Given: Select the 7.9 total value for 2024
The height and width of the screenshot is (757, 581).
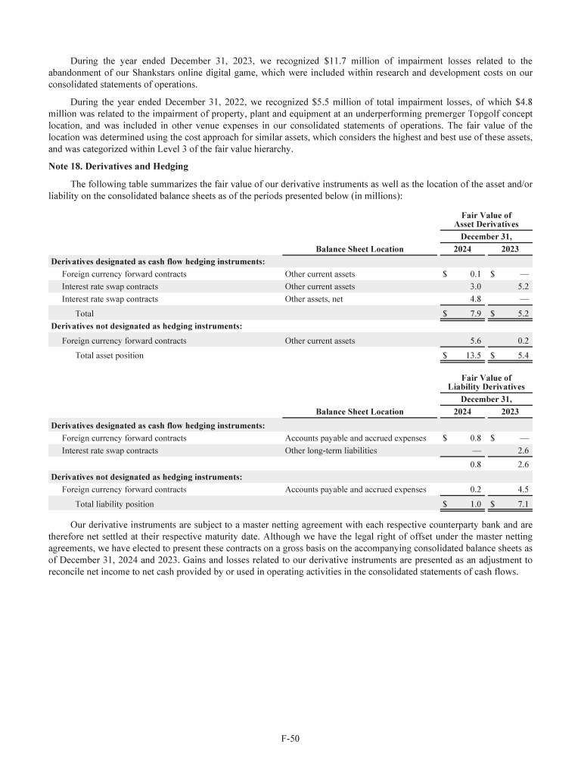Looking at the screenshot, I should coord(476,313).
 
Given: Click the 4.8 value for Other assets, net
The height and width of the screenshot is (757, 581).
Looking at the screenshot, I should coord(476,299).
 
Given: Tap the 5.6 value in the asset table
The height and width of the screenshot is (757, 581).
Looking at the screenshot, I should coord(476,341).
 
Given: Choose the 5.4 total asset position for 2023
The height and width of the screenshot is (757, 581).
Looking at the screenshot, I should coord(523,356).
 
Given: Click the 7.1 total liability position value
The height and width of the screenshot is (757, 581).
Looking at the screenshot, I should coord(523,504).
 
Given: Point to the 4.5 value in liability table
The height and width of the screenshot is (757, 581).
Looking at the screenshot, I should coord(523,490).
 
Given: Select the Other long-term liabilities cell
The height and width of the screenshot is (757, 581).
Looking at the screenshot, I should coord(330,450).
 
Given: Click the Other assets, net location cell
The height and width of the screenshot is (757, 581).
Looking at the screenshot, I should coord(314,299).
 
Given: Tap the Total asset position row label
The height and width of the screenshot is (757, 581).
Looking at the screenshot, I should coord(109,356).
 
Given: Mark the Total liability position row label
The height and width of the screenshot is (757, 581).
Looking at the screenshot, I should coord(114,504).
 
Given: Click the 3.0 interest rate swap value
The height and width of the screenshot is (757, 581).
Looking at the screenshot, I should coord(476,287).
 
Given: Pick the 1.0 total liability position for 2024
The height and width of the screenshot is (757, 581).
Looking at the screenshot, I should coord(476,504).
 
